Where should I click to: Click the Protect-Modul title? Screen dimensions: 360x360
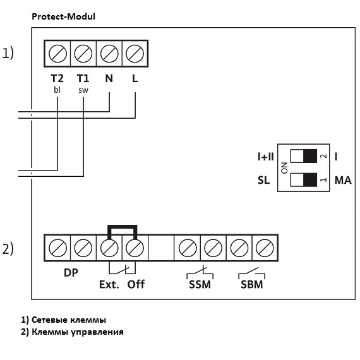pos(63,16)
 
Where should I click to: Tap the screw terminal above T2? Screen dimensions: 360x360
pos(57,54)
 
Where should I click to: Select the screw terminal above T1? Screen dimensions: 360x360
pos(83,54)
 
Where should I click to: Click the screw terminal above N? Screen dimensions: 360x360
pos(109,54)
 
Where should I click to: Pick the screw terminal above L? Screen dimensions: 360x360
pos(135,54)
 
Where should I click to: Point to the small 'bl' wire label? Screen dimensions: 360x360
pos(57,90)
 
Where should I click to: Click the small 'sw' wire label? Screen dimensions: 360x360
pos(83,90)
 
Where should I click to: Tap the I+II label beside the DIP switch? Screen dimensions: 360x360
pos(266,157)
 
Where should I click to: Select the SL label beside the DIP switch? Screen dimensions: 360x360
pos(263,180)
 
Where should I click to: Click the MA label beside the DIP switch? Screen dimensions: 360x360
pos(343,180)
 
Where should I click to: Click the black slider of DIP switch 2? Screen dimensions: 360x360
pos(310,156)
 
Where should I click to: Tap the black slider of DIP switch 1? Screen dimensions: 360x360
pos(310,180)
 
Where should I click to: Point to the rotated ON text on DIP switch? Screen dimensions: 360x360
pos(284,168)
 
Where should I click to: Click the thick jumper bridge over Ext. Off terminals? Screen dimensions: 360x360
pos(122,227)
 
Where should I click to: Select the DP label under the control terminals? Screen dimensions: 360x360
pos(71,272)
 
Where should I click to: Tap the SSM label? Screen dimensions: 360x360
pos(200,285)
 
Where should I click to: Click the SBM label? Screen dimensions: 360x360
pos(251,285)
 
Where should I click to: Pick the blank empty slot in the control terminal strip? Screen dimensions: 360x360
pos(161,248)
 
